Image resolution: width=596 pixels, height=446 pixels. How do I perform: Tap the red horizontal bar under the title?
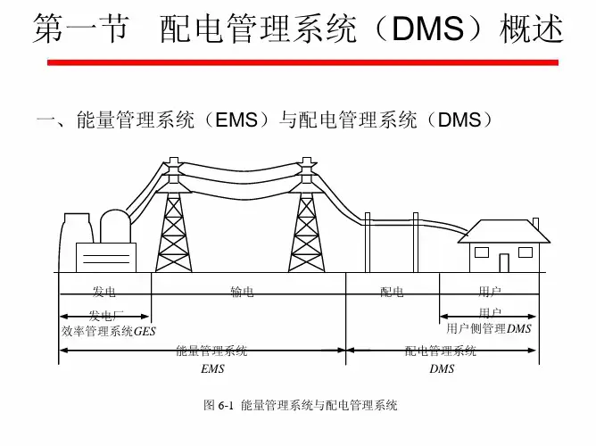(302, 62)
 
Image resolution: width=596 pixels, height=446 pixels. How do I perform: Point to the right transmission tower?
(306, 219)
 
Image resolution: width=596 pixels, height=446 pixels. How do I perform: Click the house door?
(504, 262)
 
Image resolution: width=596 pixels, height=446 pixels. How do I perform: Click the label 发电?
(104, 292)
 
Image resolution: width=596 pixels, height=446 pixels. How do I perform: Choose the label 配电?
(392, 292)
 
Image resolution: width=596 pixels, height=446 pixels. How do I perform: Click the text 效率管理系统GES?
(108, 331)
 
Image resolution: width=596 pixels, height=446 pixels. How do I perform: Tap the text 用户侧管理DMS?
(489, 328)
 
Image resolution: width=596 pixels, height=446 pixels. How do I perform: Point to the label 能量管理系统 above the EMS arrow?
(212, 351)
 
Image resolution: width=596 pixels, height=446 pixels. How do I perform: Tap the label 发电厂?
(106, 315)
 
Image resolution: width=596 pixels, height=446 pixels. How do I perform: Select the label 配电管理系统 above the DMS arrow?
(441, 351)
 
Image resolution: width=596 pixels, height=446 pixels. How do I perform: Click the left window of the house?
(482, 252)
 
